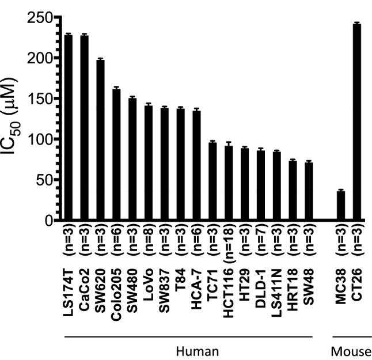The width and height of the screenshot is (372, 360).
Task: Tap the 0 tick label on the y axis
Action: [48, 220]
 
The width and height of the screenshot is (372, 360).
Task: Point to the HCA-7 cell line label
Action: [196, 293]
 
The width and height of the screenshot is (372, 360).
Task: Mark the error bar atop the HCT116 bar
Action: [229, 144]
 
